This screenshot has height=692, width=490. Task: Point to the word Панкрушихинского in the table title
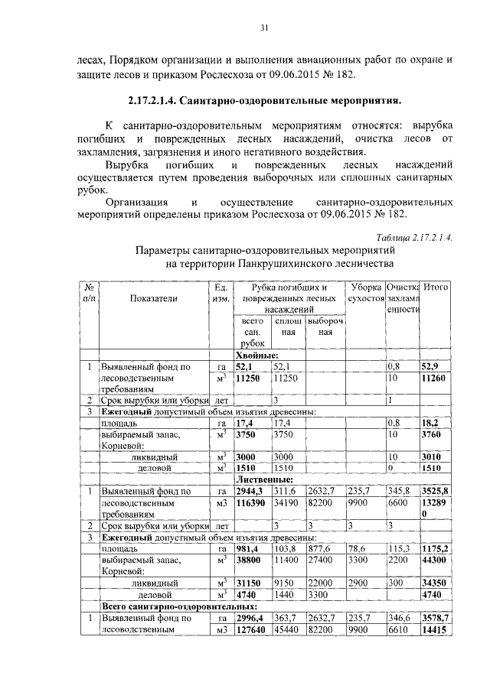tap(283, 264)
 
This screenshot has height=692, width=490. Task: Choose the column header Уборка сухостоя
tap(365, 293)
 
